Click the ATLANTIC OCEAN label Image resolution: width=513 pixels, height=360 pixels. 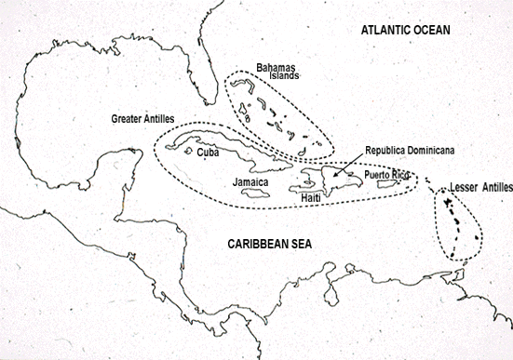(405, 31)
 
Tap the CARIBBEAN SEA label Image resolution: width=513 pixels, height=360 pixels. (270, 244)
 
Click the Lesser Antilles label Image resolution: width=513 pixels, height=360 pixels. (474, 188)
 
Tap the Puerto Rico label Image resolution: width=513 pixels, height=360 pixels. (386, 174)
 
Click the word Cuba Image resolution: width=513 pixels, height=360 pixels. (209, 153)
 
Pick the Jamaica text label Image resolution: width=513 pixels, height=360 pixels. (250, 182)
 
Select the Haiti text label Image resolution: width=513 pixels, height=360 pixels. (312, 198)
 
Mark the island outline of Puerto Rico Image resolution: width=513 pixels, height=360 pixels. (388, 188)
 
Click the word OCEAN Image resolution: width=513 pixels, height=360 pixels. (428, 31)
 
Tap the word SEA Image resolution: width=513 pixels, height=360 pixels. (299, 244)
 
